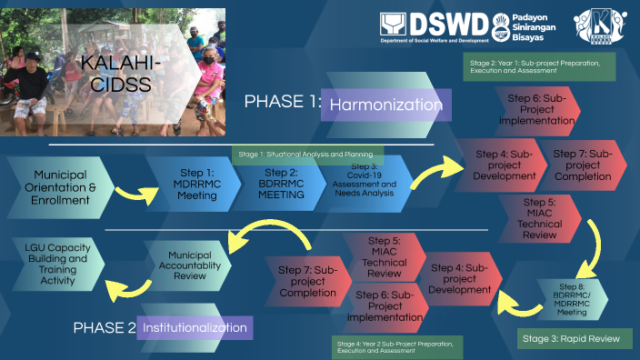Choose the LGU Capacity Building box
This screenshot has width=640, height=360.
[53, 265]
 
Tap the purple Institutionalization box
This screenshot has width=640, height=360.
[193, 326]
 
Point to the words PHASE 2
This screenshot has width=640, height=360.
[104, 327]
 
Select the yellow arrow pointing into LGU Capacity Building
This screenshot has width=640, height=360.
[126, 290]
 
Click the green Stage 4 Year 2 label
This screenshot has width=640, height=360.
[396, 346]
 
